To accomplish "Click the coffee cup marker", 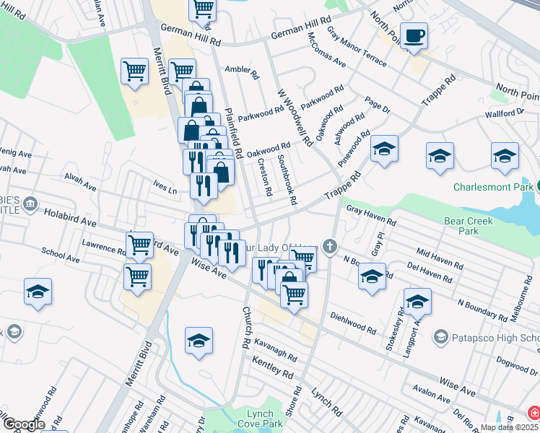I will point(414,35).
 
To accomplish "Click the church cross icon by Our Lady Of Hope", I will point(330,247).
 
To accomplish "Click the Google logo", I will point(24,424).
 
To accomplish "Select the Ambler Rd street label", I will point(242,71).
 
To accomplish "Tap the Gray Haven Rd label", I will point(371,214).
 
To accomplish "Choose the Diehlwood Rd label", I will point(353,323).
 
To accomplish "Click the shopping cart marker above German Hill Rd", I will point(204,9).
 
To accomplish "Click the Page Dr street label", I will point(377,105).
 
